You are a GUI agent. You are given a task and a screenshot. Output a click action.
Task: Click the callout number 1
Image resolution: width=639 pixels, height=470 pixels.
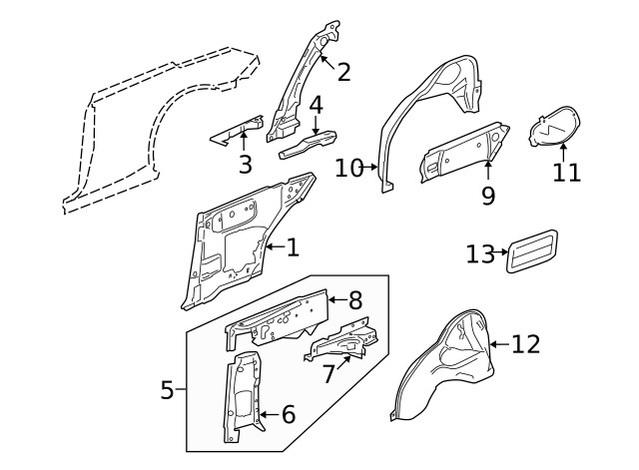point(292,247)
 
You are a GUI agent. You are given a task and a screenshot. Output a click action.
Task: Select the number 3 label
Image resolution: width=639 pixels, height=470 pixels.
point(245,165)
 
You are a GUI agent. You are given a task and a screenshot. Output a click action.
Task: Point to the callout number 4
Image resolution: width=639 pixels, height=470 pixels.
point(316,106)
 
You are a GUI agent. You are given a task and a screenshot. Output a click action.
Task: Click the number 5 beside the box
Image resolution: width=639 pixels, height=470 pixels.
point(168,390)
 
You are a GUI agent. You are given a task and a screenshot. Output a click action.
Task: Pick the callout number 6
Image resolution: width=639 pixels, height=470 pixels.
point(288,413)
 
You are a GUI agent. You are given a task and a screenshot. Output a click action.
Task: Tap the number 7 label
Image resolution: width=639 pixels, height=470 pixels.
point(328,375)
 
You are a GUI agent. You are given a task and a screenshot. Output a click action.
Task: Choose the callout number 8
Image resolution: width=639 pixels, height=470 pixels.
point(354,298)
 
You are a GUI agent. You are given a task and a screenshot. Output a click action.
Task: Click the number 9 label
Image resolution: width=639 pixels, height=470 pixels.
point(487,196)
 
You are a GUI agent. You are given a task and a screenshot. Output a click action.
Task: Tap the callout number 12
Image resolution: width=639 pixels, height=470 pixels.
point(525,344)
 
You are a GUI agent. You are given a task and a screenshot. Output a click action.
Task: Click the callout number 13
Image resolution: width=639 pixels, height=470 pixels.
point(480,253)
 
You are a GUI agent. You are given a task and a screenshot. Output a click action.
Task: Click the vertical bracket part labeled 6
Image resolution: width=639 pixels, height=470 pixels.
point(243,399)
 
